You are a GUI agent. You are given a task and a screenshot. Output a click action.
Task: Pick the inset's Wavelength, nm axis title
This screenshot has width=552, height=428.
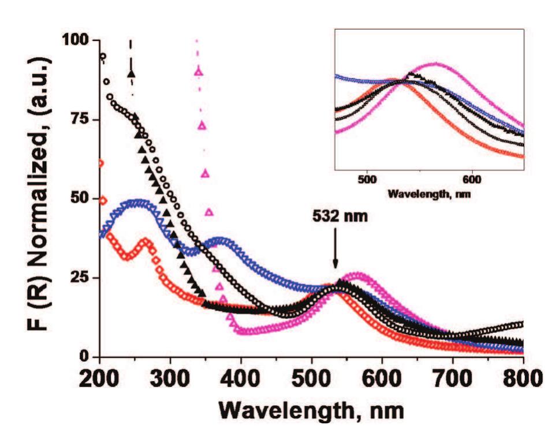pos(428,193)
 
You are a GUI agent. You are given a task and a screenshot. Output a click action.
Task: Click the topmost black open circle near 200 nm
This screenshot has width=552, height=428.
pos(103,57)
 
